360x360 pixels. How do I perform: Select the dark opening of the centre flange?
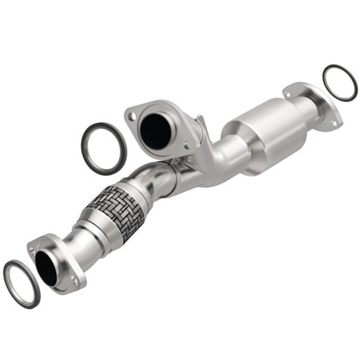point(157,130)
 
